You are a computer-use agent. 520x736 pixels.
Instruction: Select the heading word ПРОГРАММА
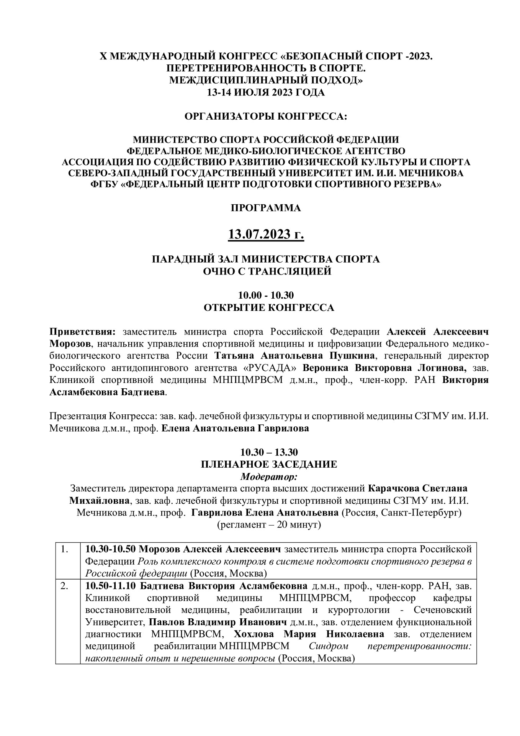click(266, 208)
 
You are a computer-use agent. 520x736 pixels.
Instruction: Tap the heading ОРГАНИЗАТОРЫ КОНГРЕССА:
click(266, 116)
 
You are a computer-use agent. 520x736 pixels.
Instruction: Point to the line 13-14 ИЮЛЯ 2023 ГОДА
click(266, 92)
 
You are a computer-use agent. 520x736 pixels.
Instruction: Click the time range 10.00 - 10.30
click(266, 295)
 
